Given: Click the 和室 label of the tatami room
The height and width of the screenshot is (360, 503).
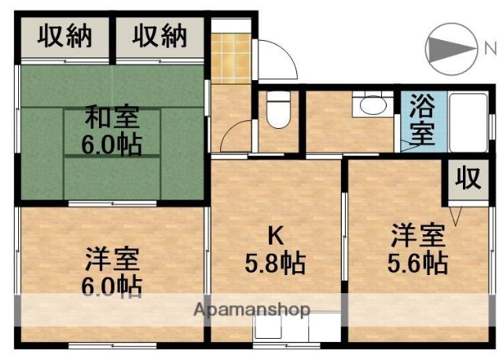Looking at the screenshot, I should click(x=112, y=119).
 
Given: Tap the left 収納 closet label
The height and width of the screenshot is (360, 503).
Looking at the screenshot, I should click(x=64, y=36).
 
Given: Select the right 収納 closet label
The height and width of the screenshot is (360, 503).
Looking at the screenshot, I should click(x=160, y=36).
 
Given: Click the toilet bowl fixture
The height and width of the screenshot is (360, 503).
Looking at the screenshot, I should click(x=277, y=112).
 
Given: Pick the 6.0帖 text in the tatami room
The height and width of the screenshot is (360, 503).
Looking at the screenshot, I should click(x=112, y=145).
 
